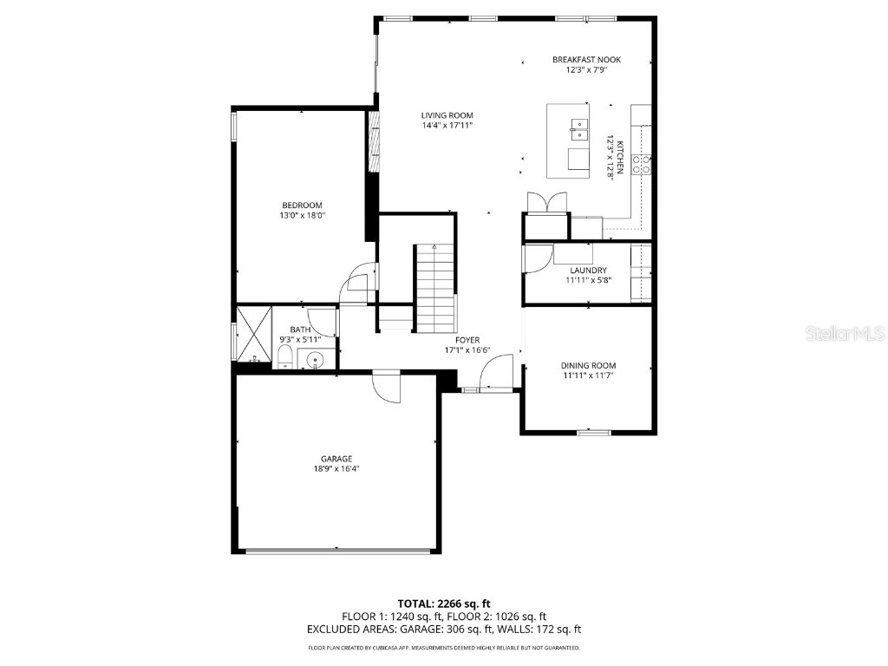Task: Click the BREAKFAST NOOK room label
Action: point(586,60)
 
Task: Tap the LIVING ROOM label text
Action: point(447,115)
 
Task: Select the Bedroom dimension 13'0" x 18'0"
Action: point(302,215)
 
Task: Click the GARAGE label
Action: point(336,459)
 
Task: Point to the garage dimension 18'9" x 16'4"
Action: point(336,469)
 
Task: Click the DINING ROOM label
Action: point(588,365)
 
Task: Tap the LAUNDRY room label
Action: point(588,271)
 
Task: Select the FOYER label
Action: point(467,340)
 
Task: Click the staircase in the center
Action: point(434,286)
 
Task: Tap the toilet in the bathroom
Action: point(285,358)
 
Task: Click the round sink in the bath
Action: point(316,359)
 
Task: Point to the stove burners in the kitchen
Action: point(643,164)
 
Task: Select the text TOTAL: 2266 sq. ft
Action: point(444,604)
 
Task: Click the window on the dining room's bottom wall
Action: point(592,431)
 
